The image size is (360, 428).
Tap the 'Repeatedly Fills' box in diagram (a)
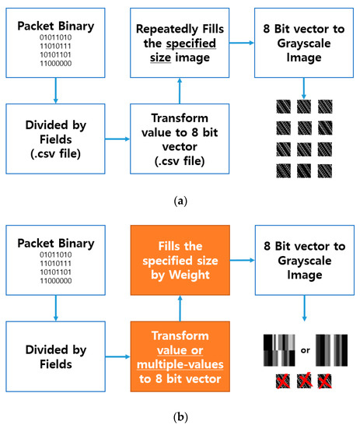(x=180, y=44)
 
